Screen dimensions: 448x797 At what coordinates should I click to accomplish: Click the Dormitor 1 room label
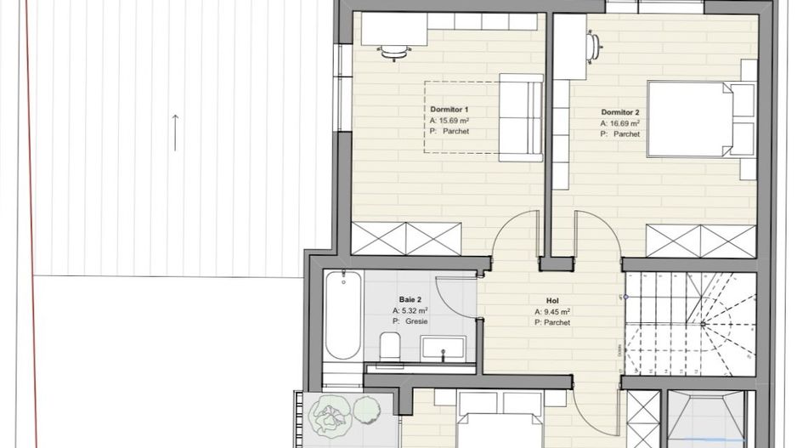[449, 111]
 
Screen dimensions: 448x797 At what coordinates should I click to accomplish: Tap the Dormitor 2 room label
[619, 112]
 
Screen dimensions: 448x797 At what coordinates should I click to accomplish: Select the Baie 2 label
[410, 299]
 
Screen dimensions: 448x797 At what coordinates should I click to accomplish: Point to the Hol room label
[551, 301]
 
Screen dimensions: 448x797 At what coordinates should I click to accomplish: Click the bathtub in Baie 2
[343, 316]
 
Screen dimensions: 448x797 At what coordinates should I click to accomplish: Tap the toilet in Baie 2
[390, 346]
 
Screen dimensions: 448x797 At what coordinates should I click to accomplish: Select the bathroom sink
[443, 348]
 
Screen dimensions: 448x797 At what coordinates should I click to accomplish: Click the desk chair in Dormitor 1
[393, 53]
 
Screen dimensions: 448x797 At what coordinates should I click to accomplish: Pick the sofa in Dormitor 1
[520, 116]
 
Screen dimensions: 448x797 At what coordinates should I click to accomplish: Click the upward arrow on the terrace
[175, 132]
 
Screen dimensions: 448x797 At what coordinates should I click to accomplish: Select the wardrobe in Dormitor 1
[406, 238]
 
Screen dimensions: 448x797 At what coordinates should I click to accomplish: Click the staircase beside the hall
[689, 323]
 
